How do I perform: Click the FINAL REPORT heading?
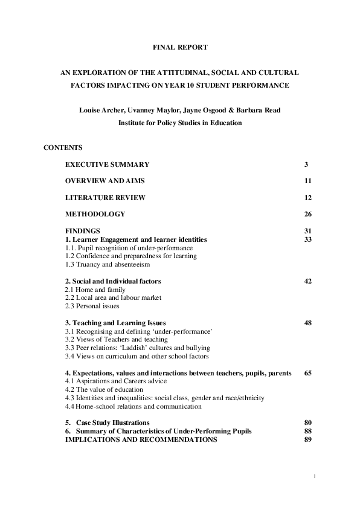(x=180, y=47)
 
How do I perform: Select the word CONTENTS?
(x=63, y=148)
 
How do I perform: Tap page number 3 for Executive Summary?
(x=307, y=164)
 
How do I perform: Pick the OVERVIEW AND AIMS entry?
(x=104, y=181)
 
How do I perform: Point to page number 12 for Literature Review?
(x=308, y=198)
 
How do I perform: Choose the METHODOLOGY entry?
(x=95, y=214)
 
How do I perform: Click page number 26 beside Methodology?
(x=308, y=214)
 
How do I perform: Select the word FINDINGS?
(x=82, y=230)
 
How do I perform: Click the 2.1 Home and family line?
(x=95, y=290)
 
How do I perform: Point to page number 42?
(x=308, y=281)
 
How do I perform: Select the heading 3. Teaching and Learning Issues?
(x=115, y=323)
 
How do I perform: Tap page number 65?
(x=308, y=373)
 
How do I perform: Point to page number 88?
(x=308, y=431)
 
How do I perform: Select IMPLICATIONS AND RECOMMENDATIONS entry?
(x=141, y=439)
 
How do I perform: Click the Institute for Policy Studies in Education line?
(x=180, y=123)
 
